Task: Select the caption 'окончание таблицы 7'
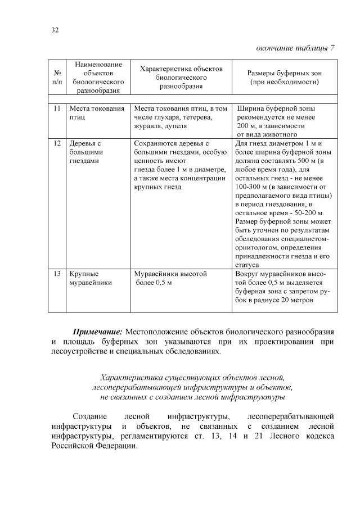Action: tap(295, 47)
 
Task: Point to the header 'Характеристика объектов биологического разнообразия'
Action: tap(181, 78)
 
